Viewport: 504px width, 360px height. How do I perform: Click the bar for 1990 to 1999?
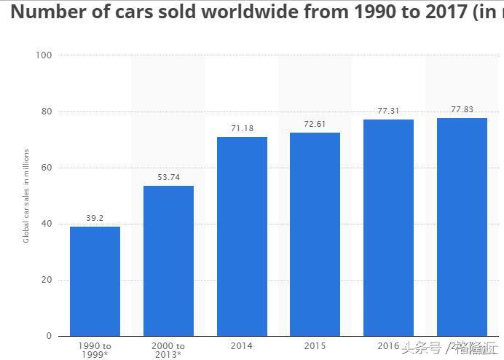coord(95,281)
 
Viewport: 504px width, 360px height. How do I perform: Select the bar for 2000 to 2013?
coord(168,260)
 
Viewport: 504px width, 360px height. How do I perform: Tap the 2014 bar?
coord(242,236)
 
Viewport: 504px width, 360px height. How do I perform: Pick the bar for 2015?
coord(315,234)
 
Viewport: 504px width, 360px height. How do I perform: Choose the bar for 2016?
coord(388,227)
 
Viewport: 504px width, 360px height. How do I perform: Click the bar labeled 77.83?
coord(462,227)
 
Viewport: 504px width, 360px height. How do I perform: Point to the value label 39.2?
coord(95,218)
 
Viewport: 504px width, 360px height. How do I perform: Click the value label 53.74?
coord(168,177)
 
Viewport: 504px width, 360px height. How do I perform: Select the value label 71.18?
coord(242,128)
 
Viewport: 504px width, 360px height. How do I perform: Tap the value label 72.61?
coord(315,124)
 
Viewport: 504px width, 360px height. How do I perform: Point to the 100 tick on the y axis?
coord(44,55)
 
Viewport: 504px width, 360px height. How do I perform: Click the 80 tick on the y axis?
coord(47,111)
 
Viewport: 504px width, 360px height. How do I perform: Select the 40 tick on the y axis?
coord(47,224)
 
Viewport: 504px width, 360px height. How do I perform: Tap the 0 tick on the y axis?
coord(49,336)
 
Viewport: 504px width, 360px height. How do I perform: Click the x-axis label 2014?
coord(242,345)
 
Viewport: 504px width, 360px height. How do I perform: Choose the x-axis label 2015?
coord(315,345)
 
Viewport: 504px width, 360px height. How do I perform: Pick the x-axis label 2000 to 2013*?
coord(168,350)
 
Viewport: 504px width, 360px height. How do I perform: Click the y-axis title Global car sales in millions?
coord(26,195)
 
